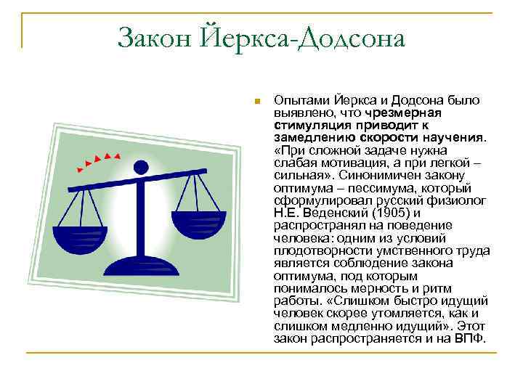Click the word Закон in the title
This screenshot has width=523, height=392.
[153, 38]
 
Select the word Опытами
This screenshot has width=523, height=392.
[298, 101]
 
